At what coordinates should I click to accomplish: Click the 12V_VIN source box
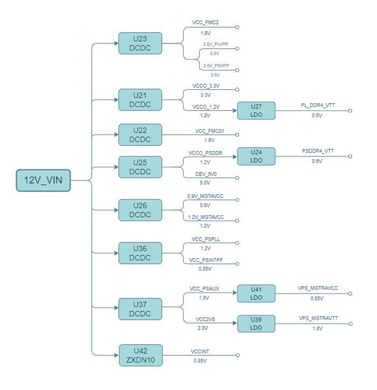43,181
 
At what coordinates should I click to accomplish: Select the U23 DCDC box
140,43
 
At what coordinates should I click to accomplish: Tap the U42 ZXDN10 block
140,355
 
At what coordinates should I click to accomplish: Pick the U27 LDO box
256,111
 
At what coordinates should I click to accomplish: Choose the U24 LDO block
256,156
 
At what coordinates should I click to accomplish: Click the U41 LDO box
256,293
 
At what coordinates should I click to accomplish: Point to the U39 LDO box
256,324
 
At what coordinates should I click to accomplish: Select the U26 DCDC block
140,210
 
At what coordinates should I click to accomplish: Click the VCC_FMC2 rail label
205,23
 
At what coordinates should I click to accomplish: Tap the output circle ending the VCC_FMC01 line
237,135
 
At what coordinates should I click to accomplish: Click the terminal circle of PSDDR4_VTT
350,156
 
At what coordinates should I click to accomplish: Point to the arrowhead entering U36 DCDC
116,253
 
